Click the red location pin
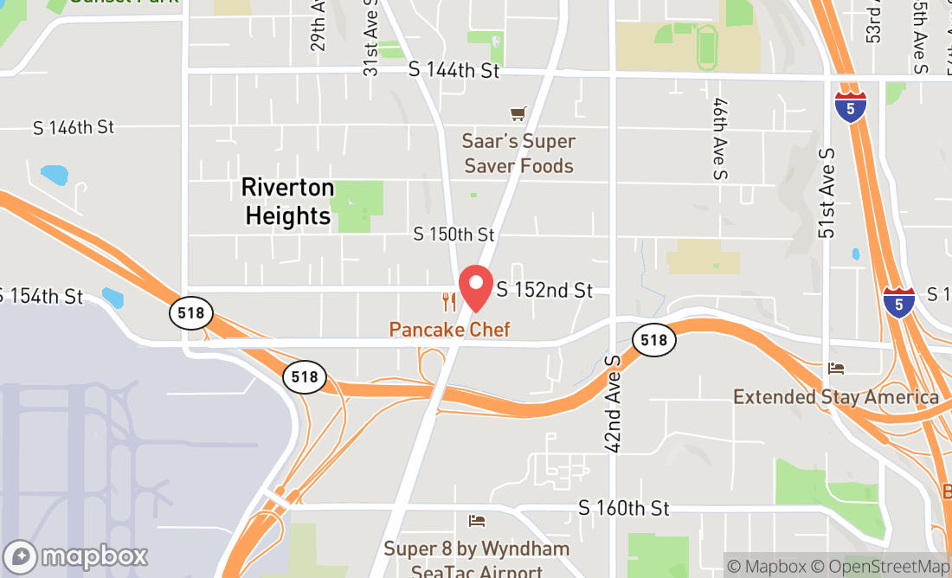click(475, 287)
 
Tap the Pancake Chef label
click(449, 330)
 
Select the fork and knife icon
click(448, 302)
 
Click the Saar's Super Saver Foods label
click(518, 153)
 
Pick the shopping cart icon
click(518, 113)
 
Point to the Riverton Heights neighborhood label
click(287, 202)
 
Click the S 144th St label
click(454, 71)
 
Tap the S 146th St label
click(74, 127)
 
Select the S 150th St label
click(453, 234)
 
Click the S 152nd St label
click(544, 291)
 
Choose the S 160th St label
click(624, 508)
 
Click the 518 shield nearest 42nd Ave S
click(654, 340)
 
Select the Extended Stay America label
click(836, 397)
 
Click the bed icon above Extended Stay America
click(836, 369)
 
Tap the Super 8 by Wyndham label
click(477, 549)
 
